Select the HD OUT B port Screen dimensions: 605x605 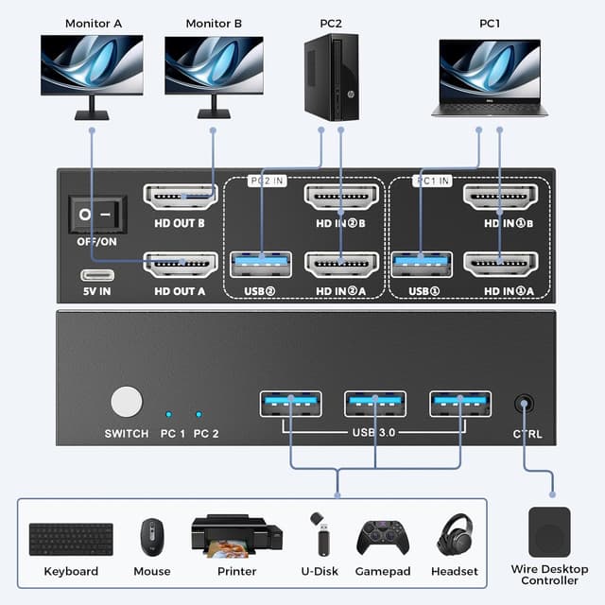pyautogui.click(x=180, y=198)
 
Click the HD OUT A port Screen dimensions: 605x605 pyautogui.click(x=180, y=264)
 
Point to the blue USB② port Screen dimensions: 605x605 pyautogui.click(x=261, y=264)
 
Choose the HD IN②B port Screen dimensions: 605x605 pyautogui.click(x=341, y=198)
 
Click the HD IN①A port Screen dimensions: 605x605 pyautogui.click(x=500, y=264)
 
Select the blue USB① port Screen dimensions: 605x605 pyautogui.click(x=422, y=264)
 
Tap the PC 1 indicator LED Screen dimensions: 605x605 pyautogui.click(x=168, y=414)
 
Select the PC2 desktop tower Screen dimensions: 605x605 pyautogui.click(x=332, y=77)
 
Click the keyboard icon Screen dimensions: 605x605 pyautogui.click(x=71, y=540)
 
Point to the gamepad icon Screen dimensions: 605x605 pyautogui.click(x=383, y=537)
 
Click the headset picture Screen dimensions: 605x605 pyautogui.click(x=456, y=535)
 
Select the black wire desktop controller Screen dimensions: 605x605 pyautogui.click(x=549, y=531)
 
